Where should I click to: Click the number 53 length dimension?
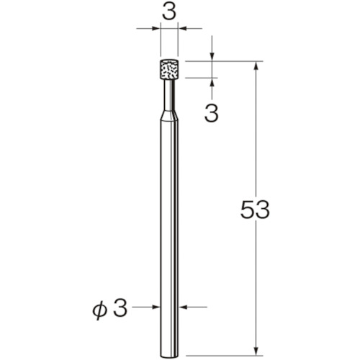[255, 210]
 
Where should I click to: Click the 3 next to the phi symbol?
[120, 307]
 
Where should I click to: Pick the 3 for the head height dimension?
[212, 113]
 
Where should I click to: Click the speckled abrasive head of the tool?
[169, 69]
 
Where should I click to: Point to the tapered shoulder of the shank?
[169, 114]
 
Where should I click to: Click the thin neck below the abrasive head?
[169, 94]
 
